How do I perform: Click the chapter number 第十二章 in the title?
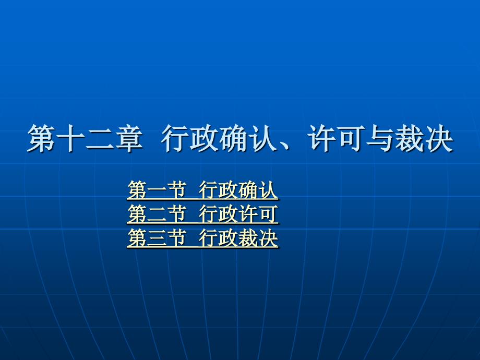(85, 138)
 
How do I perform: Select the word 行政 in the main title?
(190, 138)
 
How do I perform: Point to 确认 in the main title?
(248, 138)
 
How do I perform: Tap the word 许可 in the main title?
(336, 138)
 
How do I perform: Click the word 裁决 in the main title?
(424, 138)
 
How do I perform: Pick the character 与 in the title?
(380, 138)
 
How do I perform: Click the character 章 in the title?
(129, 138)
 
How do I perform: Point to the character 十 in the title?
(70, 138)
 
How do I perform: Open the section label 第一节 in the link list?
(157, 190)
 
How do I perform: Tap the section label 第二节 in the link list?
(157, 214)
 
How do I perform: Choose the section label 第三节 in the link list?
(157, 238)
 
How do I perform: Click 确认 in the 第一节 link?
(258, 190)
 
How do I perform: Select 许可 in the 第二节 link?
(258, 214)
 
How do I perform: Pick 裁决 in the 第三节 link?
(258, 238)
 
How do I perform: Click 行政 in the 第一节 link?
(218, 190)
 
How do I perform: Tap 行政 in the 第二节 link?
(218, 214)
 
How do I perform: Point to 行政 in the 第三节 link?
(218, 238)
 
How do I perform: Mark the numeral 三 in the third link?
(157, 238)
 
